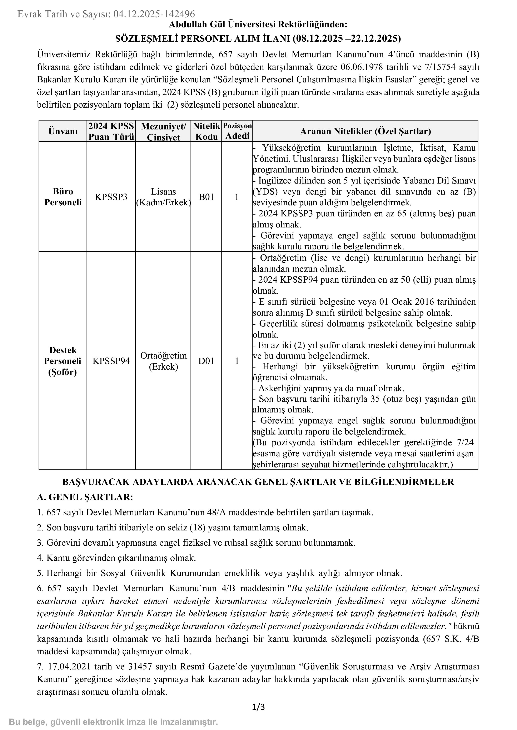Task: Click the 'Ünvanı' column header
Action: click(x=63, y=131)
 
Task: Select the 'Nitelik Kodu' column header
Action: click(x=206, y=131)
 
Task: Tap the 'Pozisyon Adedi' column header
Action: click(x=237, y=131)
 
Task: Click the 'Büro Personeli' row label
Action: click(x=63, y=197)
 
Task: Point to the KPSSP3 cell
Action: click(x=111, y=197)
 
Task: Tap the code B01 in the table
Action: click(x=206, y=197)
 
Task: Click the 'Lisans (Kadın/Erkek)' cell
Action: click(x=163, y=197)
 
